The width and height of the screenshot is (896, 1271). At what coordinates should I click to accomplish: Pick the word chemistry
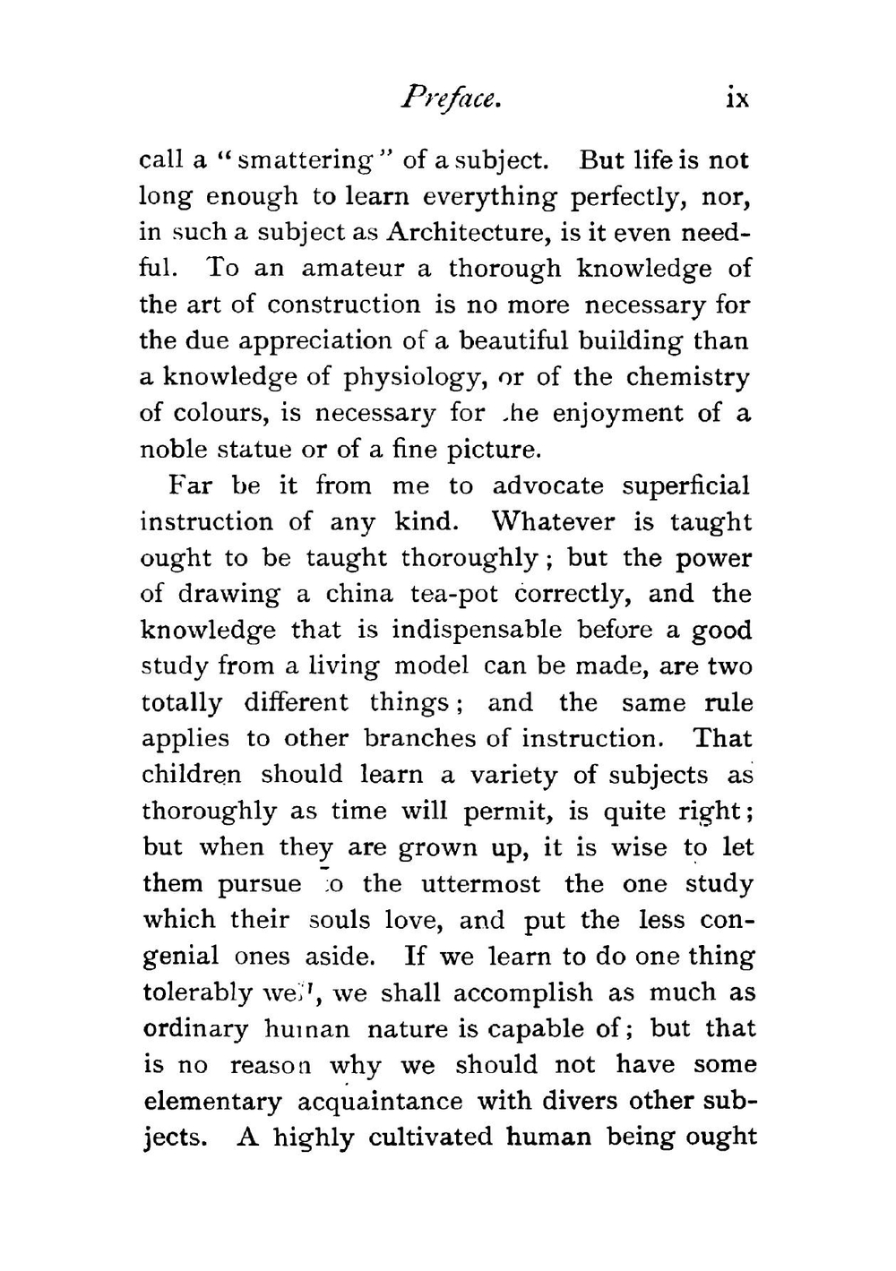[x=687, y=377]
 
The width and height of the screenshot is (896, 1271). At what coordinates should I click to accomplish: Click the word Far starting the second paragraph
[x=190, y=486]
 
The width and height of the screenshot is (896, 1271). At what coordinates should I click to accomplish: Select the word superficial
[x=685, y=486]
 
